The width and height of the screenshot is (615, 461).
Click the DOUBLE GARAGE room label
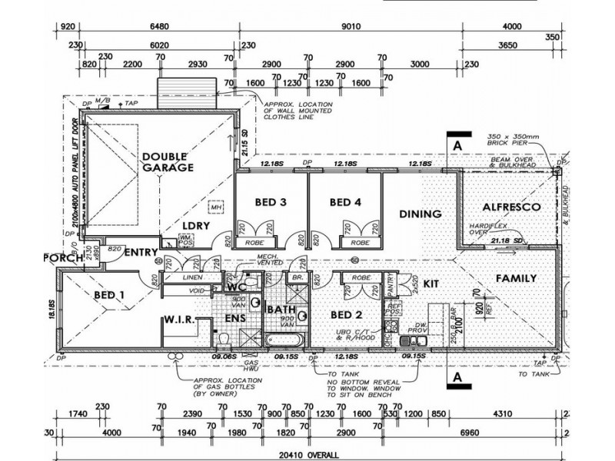(167, 161)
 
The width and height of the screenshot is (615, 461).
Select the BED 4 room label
(345, 203)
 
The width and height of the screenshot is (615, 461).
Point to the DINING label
(421, 214)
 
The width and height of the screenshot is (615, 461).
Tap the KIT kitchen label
(430, 284)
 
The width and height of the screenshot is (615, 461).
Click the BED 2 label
(346, 315)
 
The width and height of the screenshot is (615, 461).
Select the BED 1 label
(109, 294)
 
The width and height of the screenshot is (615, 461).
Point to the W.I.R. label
(181, 320)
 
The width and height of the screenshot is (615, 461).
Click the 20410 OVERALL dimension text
(309, 452)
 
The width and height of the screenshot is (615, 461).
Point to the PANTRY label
(389, 284)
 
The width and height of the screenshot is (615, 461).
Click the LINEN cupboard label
(192, 277)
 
